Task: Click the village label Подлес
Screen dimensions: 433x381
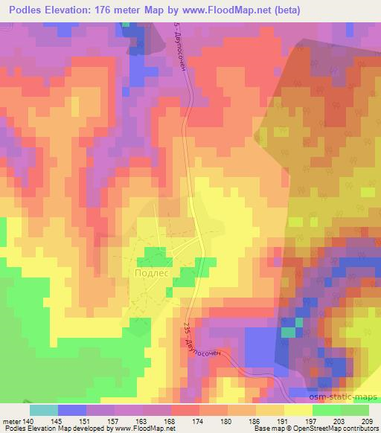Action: pyautogui.click(x=154, y=273)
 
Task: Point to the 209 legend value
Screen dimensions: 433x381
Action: pyautogui.click(x=369, y=420)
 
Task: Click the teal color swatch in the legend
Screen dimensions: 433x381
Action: pyautogui.click(x=44, y=409)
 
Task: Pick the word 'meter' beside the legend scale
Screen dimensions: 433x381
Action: pyautogui.click(x=13, y=420)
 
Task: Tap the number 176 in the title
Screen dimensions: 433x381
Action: pyautogui.click(x=112, y=9)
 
